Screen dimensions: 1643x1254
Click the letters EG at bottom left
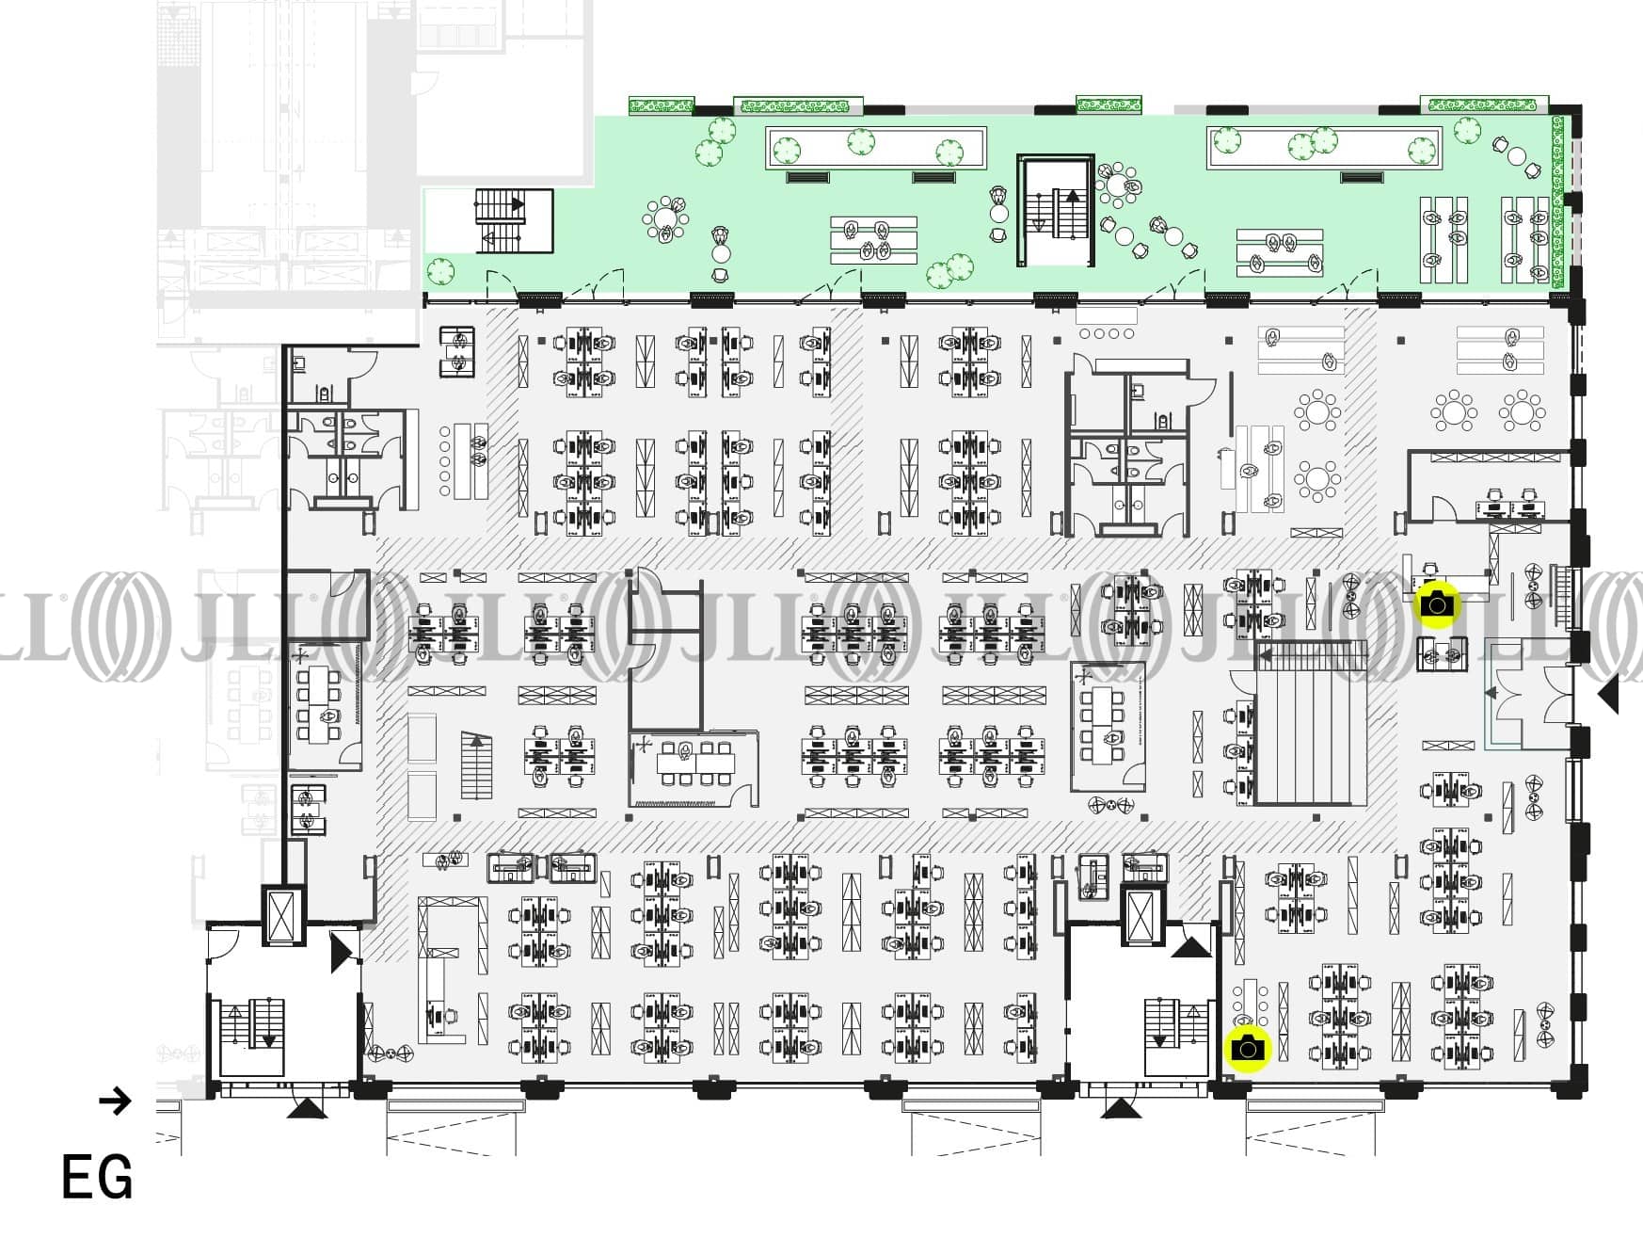pos(97,1178)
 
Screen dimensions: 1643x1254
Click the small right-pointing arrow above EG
pos(115,1101)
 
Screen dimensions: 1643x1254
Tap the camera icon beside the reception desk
pos(1437,603)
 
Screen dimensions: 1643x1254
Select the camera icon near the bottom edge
pos(1248,1049)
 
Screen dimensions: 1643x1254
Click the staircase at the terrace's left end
pos(513,220)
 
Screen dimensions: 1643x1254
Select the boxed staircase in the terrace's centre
pos(1055,212)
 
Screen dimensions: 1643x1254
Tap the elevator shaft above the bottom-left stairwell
pos(282,914)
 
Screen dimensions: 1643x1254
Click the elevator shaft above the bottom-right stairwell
pos(1143,914)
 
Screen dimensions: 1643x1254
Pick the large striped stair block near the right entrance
pos(1310,723)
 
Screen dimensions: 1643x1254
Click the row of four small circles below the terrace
pos(1107,333)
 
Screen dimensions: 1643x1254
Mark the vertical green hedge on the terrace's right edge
pos(1557,201)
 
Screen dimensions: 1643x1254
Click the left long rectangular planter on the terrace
pos(876,149)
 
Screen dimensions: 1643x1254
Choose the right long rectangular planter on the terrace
pos(1324,149)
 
